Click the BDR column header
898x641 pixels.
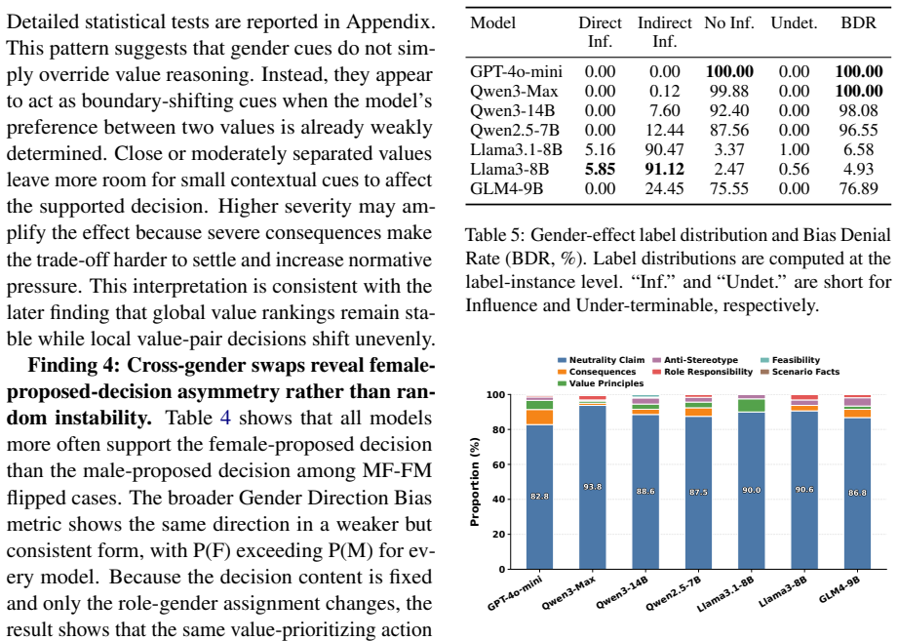click(858, 22)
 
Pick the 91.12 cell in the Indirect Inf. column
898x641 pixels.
click(664, 169)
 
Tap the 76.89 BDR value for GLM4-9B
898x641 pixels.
click(858, 188)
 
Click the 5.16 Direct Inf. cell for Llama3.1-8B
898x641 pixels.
click(600, 149)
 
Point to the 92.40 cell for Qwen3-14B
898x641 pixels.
click(729, 110)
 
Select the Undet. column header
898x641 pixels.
click(794, 22)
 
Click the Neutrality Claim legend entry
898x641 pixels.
click(602, 360)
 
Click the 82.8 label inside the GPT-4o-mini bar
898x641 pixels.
click(539, 496)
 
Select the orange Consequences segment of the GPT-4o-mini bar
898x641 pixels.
click(539, 417)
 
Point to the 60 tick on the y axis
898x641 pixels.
click(499, 464)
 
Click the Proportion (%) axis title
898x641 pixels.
click(475, 482)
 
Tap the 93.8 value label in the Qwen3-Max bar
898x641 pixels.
click(592, 487)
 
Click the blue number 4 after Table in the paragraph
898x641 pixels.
click(225, 418)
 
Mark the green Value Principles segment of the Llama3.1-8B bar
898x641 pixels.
click(752, 406)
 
